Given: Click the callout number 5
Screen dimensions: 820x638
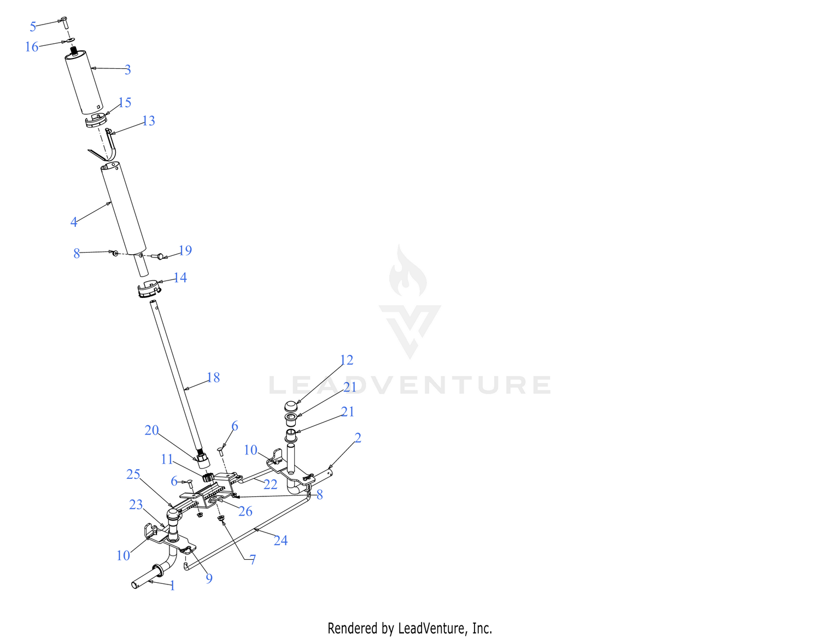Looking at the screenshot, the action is pos(33,27).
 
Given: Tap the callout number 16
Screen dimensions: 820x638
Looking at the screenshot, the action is pos(32,47).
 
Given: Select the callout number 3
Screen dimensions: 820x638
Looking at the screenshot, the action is pos(128,69).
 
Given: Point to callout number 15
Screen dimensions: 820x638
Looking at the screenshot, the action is pos(125,103).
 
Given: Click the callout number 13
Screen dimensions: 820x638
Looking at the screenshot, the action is pos(149,121).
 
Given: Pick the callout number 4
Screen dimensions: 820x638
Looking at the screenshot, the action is pos(74,222).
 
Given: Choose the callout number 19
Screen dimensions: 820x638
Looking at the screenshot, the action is pos(185,250).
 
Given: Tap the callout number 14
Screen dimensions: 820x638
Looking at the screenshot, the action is pos(180,278).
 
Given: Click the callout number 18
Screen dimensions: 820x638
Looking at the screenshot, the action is pos(213,377).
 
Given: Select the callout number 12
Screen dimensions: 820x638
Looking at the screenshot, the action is pos(347,360).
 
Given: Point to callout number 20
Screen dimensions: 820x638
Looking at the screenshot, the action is pos(151,430).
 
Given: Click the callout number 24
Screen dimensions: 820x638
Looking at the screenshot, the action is pos(280,541).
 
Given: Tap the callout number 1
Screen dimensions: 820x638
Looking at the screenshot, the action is pos(172,586).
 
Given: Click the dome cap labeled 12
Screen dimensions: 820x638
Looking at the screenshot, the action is pos(291,407).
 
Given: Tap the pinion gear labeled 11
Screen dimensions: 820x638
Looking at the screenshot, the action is pos(208,477).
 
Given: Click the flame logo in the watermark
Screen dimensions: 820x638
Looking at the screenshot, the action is pos(408,271).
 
